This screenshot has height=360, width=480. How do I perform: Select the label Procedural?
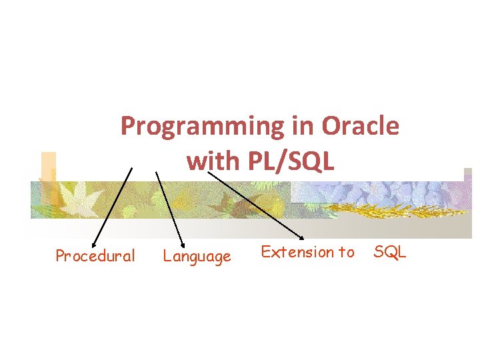point(95,256)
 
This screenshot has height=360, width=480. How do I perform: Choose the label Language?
point(197,256)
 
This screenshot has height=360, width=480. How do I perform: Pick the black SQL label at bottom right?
point(390,252)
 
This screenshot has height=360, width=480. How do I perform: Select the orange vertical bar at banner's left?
point(48,177)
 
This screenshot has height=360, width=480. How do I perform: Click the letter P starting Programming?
point(127,125)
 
